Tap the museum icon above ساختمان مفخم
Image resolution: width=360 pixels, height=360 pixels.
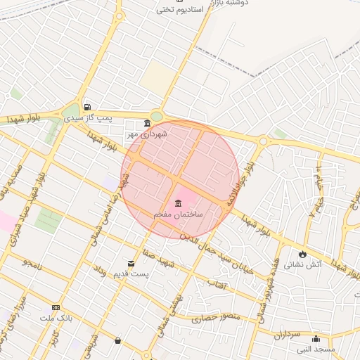(x=178, y=202)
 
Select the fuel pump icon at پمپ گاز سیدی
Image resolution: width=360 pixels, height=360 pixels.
(x=86, y=108)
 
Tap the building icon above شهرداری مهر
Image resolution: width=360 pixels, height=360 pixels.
(x=147, y=123)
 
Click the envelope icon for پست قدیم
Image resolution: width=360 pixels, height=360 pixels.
(x=131, y=263)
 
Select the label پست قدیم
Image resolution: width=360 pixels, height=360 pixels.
(x=131, y=274)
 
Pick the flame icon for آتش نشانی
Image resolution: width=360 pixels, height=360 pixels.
(x=302, y=254)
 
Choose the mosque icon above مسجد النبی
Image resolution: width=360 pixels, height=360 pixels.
(x=315, y=338)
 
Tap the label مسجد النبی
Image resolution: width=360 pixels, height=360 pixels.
(x=315, y=349)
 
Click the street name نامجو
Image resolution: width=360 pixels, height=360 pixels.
(x=33, y=263)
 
